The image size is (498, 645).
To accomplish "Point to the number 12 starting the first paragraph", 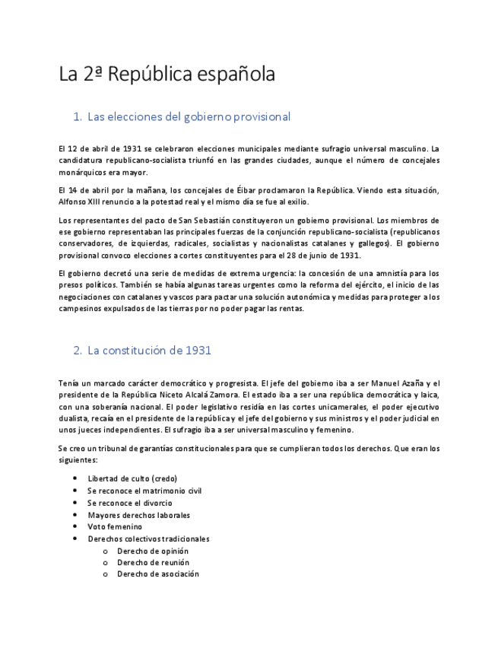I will point(74,148).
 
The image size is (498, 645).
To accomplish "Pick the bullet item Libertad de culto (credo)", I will point(132,478).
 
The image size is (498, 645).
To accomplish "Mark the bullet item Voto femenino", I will point(115,526).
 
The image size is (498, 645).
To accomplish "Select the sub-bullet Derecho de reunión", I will point(152,562).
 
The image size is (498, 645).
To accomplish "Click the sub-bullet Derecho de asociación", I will point(157,574).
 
